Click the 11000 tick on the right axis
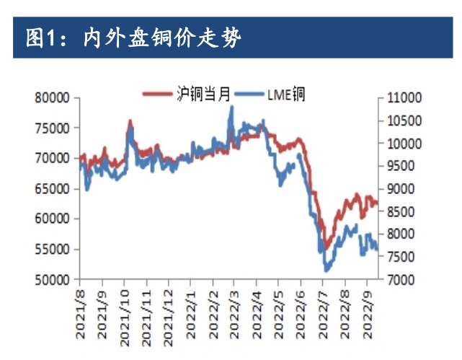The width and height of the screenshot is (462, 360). click(399, 97)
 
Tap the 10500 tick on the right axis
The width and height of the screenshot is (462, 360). click(399, 120)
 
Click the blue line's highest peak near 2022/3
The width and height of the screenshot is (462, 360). click(231, 107)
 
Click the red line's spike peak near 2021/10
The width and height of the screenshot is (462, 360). click(130, 121)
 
